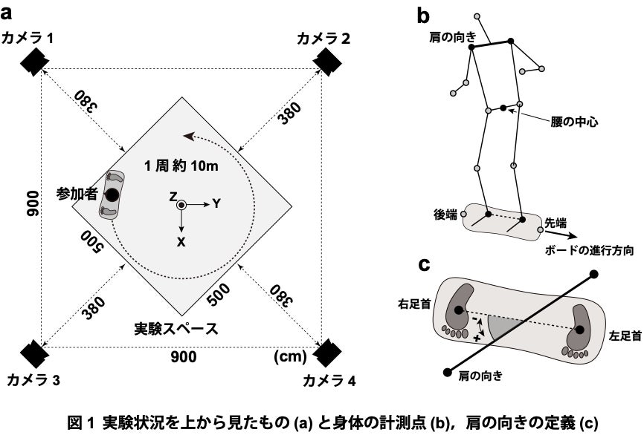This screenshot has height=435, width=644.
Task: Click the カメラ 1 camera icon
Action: click(x=33, y=61)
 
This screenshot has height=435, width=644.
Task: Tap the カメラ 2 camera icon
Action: click(x=324, y=61)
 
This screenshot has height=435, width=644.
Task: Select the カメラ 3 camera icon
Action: click(x=33, y=353)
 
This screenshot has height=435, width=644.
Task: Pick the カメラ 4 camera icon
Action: click(x=324, y=353)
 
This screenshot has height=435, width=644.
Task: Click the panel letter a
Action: click(x=9, y=10)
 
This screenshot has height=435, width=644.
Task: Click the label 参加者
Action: click(x=77, y=194)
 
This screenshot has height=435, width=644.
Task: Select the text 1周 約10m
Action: click(x=181, y=166)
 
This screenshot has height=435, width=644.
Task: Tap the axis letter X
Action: click(x=181, y=241)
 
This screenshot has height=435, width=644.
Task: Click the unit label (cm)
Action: click(x=291, y=356)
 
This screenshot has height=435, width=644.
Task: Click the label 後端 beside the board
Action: click(x=445, y=213)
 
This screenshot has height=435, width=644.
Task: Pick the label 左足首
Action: click(x=622, y=335)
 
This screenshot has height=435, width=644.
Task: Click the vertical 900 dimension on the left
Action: click(x=32, y=201)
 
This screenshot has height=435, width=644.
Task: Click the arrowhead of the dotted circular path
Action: click(x=189, y=137)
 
